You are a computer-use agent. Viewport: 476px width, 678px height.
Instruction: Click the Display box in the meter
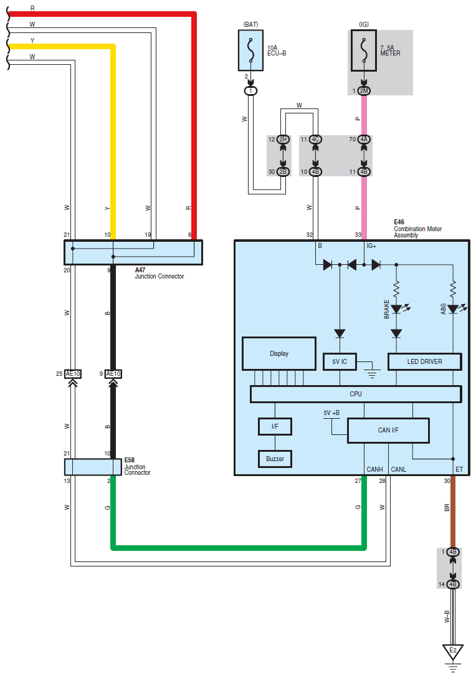coord(279,354)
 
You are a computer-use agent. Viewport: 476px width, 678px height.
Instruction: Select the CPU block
coord(356,394)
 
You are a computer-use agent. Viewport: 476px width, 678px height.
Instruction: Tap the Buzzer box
coord(275,459)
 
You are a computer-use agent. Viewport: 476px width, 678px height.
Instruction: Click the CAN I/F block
coord(388,430)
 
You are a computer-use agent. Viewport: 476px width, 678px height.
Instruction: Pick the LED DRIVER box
coord(424,361)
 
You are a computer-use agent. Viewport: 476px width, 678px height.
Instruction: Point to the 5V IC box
coord(340,361)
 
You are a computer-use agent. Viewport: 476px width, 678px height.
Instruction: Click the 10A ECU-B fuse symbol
coord(250,50)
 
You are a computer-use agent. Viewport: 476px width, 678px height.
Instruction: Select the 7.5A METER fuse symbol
coord(364,50)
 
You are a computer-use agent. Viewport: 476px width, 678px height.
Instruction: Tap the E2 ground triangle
coord(453,651)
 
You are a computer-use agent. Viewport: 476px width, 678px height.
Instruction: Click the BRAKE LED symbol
coord(396,309)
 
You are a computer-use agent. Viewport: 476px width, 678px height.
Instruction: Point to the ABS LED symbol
coord(453,309)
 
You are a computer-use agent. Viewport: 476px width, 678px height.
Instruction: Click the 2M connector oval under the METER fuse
coord(364,91)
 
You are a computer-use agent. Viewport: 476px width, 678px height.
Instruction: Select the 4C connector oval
coord(316,139)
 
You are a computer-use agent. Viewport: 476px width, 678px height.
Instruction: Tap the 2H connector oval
coord(283,139)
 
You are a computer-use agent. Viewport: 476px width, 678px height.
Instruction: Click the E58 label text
coord(129,460)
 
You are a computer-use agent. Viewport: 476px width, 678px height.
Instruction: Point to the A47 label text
coord(140,270)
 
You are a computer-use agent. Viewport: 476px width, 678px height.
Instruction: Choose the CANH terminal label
coord(374,469)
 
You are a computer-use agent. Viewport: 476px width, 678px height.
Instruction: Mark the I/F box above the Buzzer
coord(275,426)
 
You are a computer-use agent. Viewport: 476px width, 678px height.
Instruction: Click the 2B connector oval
coord(283,171)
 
